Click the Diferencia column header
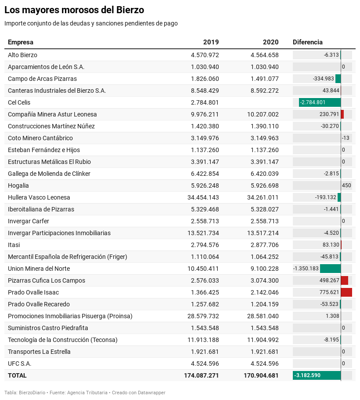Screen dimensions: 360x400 [x=307, y=42]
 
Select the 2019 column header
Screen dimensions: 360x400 [x=211, y=42]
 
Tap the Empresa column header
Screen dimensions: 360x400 [x=20, y=42]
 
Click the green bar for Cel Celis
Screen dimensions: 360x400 [x=320, y=102]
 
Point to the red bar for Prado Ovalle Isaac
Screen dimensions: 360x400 [x=346, y=292]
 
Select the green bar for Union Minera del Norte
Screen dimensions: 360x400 [x=331, y=269]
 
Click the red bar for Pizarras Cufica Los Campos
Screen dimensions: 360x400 [x=345, y=280]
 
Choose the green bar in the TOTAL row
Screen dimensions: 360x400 [x=317, y=375]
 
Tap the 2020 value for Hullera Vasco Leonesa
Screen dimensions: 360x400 [x=263, y=197]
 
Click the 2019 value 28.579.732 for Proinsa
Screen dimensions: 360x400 [x=203, y=316]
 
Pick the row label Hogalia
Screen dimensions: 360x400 [x=18, y=185]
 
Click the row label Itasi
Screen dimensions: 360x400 [x=14, y=245]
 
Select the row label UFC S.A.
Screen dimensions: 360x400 [x=20, y=364]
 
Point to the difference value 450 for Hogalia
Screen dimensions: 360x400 [x=346, y=185]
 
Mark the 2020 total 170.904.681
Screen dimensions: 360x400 [x=261, y=375]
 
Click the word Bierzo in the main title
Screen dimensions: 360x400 [x=130, y=10]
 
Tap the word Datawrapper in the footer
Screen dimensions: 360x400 [x=151, y=393]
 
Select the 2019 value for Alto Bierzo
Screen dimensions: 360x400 [x=205, y=55]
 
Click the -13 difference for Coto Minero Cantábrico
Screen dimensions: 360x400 [x=346, y=138]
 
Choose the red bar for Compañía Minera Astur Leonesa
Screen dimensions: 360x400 [x=342, y=114]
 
